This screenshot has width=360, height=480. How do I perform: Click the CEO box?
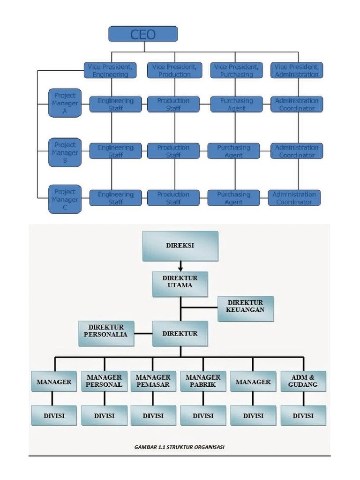[x=143, y=34]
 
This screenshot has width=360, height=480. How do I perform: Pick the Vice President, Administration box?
[x=297, y=71]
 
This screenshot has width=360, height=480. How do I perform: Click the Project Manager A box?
[x=65, y=104]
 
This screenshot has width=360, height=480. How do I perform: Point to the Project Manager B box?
[x=65, y=152]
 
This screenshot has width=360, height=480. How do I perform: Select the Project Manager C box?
[x=65, y=199]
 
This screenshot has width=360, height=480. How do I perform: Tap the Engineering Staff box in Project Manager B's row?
[x=115, y=151]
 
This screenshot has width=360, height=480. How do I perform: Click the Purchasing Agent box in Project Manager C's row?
[x=233, y=198]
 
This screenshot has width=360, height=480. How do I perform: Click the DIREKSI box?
[x=180, y=246]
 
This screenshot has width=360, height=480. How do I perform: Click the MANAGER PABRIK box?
[x=203, y=382]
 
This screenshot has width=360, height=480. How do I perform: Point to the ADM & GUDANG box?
[x=303, y=382]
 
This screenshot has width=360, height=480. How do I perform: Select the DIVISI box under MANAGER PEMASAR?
[x=153, y=416]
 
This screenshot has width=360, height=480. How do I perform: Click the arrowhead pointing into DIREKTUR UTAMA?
[x=180, y=269]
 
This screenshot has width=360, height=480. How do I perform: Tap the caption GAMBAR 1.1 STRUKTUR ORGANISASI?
[x=180, y=447]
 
